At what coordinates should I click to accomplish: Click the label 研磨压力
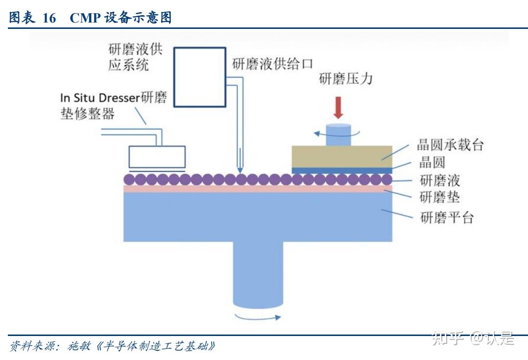(x=345, y=79)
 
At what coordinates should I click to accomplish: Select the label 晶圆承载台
(x=450, y=145)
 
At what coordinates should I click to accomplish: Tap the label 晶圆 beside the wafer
(x=432, y=163)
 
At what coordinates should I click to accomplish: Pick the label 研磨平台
(x=447, y=217)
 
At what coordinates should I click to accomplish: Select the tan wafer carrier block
(x=342, y=156)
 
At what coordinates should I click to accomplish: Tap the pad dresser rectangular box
(x=157, y=157)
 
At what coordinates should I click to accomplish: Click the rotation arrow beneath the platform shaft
(x=258, y=317)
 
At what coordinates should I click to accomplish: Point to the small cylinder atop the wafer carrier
(x=338, y=133)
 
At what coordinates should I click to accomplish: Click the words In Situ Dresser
(x=100, y=97)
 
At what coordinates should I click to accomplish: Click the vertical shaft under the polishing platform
(x=258, y=272)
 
